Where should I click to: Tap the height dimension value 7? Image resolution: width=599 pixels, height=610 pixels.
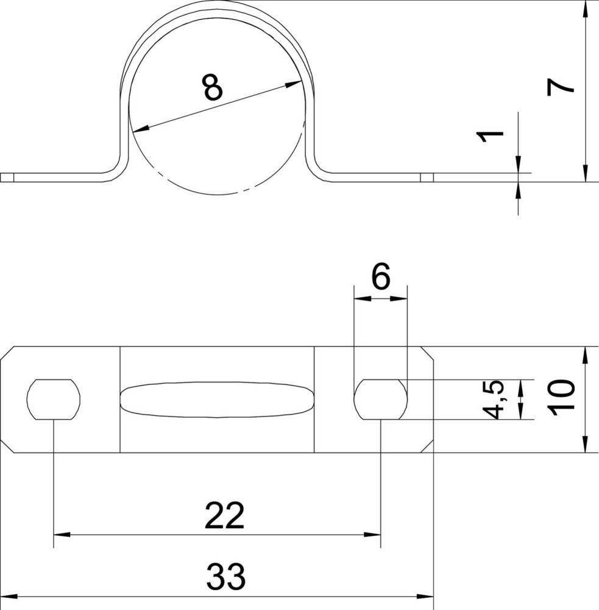[560, 87]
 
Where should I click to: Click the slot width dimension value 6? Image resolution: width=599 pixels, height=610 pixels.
[381, 276]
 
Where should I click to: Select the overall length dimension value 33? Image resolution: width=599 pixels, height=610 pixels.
[225, 576]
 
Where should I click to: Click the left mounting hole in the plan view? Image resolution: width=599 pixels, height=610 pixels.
[54, 400]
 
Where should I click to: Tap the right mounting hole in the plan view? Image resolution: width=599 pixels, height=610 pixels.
[381, 400]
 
